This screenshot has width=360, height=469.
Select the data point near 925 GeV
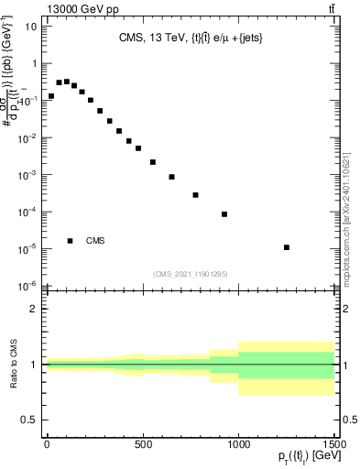point(224,214)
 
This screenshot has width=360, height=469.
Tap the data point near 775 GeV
point(195,195)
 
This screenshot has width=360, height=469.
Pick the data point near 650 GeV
point(171,177)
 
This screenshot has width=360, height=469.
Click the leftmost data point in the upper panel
point(51,96)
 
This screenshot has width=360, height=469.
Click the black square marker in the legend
point(71,241)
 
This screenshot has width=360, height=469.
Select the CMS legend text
point(95,241)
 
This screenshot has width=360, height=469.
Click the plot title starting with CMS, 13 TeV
point(190,38)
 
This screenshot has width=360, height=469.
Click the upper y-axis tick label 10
point(30,27)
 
